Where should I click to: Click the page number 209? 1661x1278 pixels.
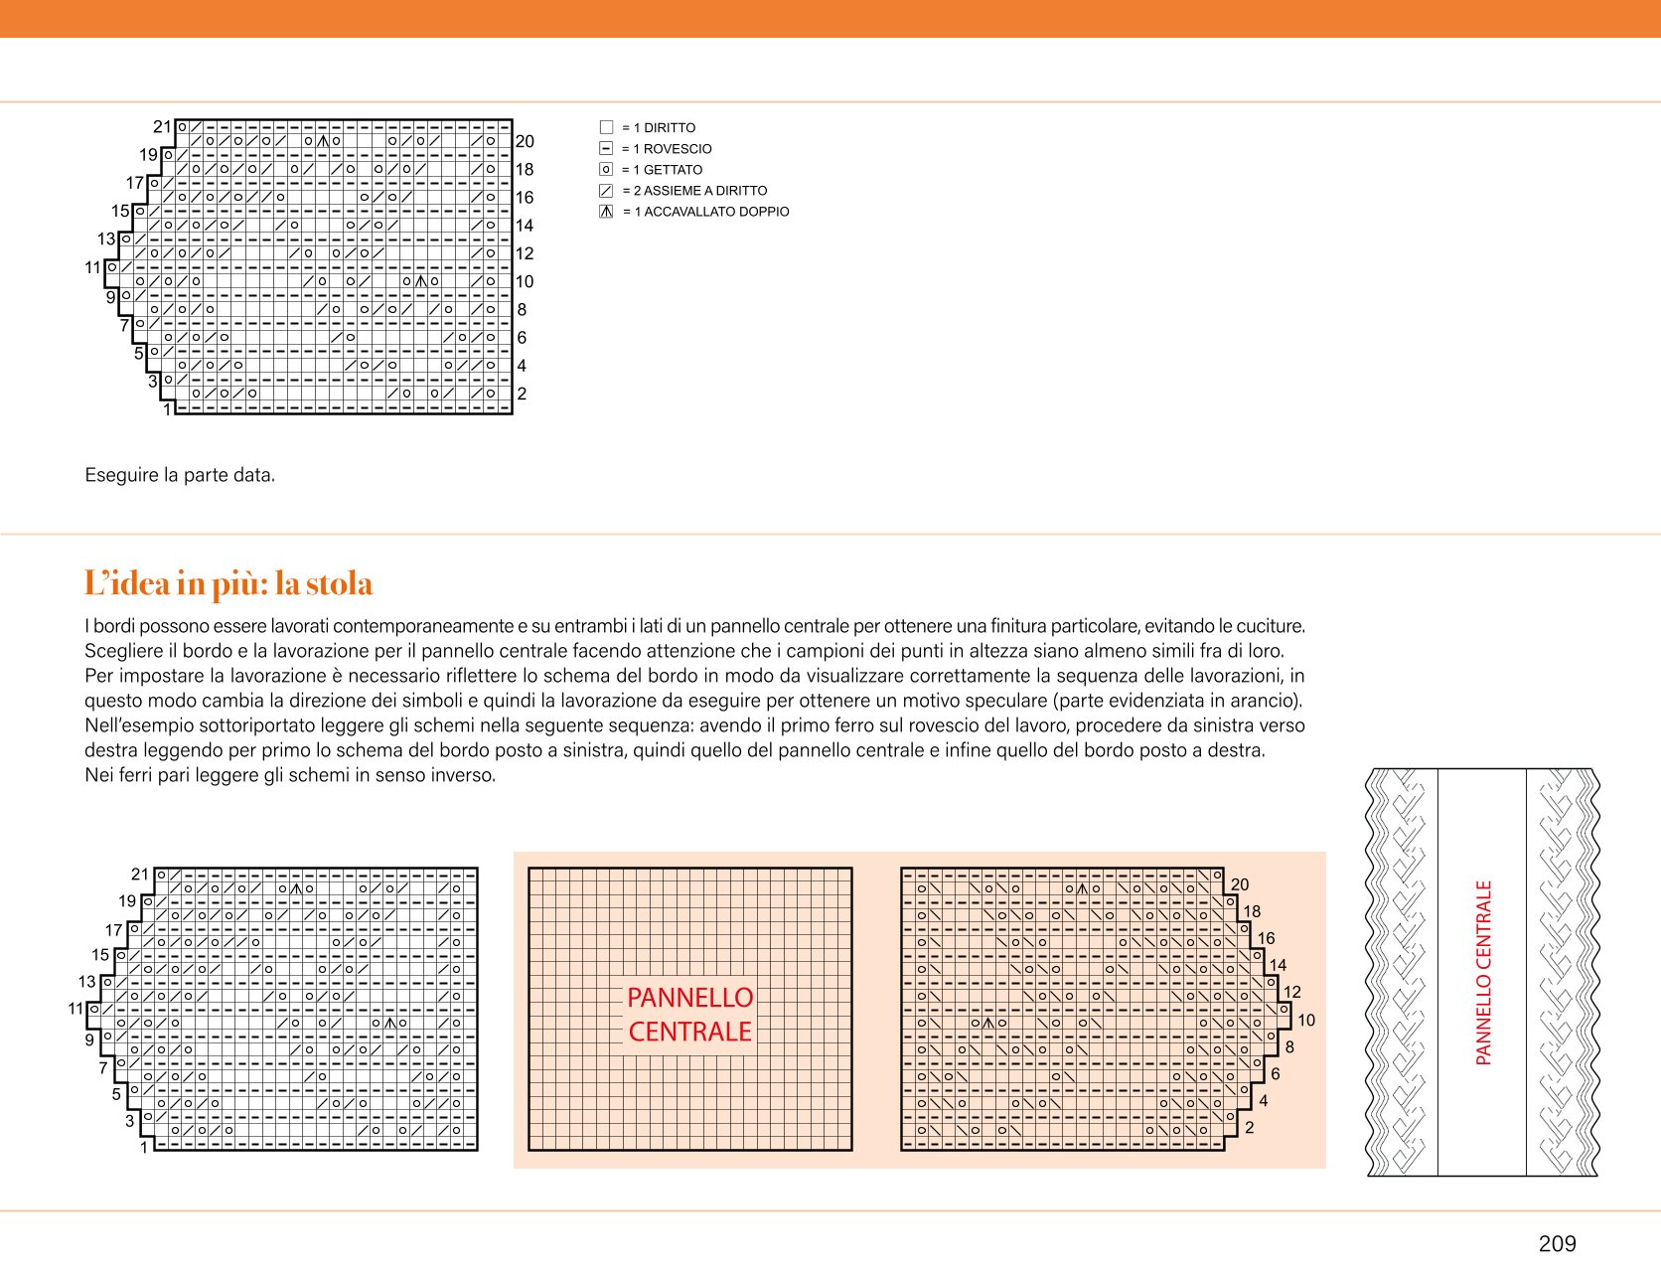tap(1557, 1243)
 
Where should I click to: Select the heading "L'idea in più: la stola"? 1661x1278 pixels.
tap(228, 583)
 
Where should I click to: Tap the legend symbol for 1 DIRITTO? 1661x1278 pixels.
tap(606, 127)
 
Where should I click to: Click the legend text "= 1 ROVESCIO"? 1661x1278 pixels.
tap(667, 149)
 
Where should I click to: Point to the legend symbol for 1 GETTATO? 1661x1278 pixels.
tap(606, 169)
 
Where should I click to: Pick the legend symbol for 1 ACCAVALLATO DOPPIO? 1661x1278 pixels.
tap(606, 212)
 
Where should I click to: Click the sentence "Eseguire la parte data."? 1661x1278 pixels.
tap(180, 475)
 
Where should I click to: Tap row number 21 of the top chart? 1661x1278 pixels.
tap(162, 126)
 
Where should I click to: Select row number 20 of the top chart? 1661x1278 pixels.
tap(525, 141)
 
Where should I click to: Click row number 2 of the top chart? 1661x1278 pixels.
tap(522, 394)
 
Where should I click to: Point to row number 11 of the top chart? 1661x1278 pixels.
tap(93, 267)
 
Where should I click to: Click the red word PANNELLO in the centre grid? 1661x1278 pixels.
tap(690, 998)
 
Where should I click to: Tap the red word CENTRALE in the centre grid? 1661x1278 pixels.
tap(690, 1032)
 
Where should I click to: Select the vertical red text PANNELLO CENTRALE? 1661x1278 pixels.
tap(1484, 973)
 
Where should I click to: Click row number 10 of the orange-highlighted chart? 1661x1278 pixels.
tap(1306, 1020)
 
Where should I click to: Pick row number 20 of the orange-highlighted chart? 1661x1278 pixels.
tap(1240, 884)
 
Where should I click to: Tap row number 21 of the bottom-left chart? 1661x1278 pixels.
tap(140, 875)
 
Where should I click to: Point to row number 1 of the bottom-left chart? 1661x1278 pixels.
tap(144, 1148)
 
